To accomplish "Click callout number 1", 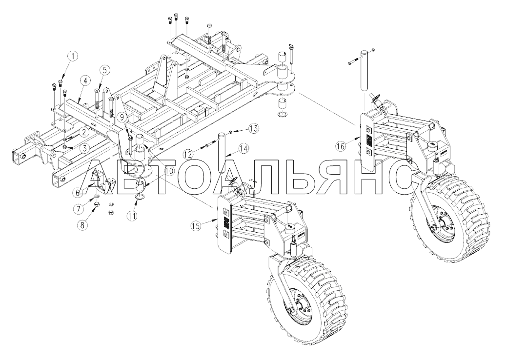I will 72,57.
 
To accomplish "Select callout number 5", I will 103,70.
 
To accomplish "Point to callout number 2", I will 84,132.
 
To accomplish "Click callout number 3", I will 84,148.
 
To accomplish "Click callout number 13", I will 253,128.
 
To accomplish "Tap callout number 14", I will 243,148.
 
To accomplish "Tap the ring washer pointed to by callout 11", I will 140,197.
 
